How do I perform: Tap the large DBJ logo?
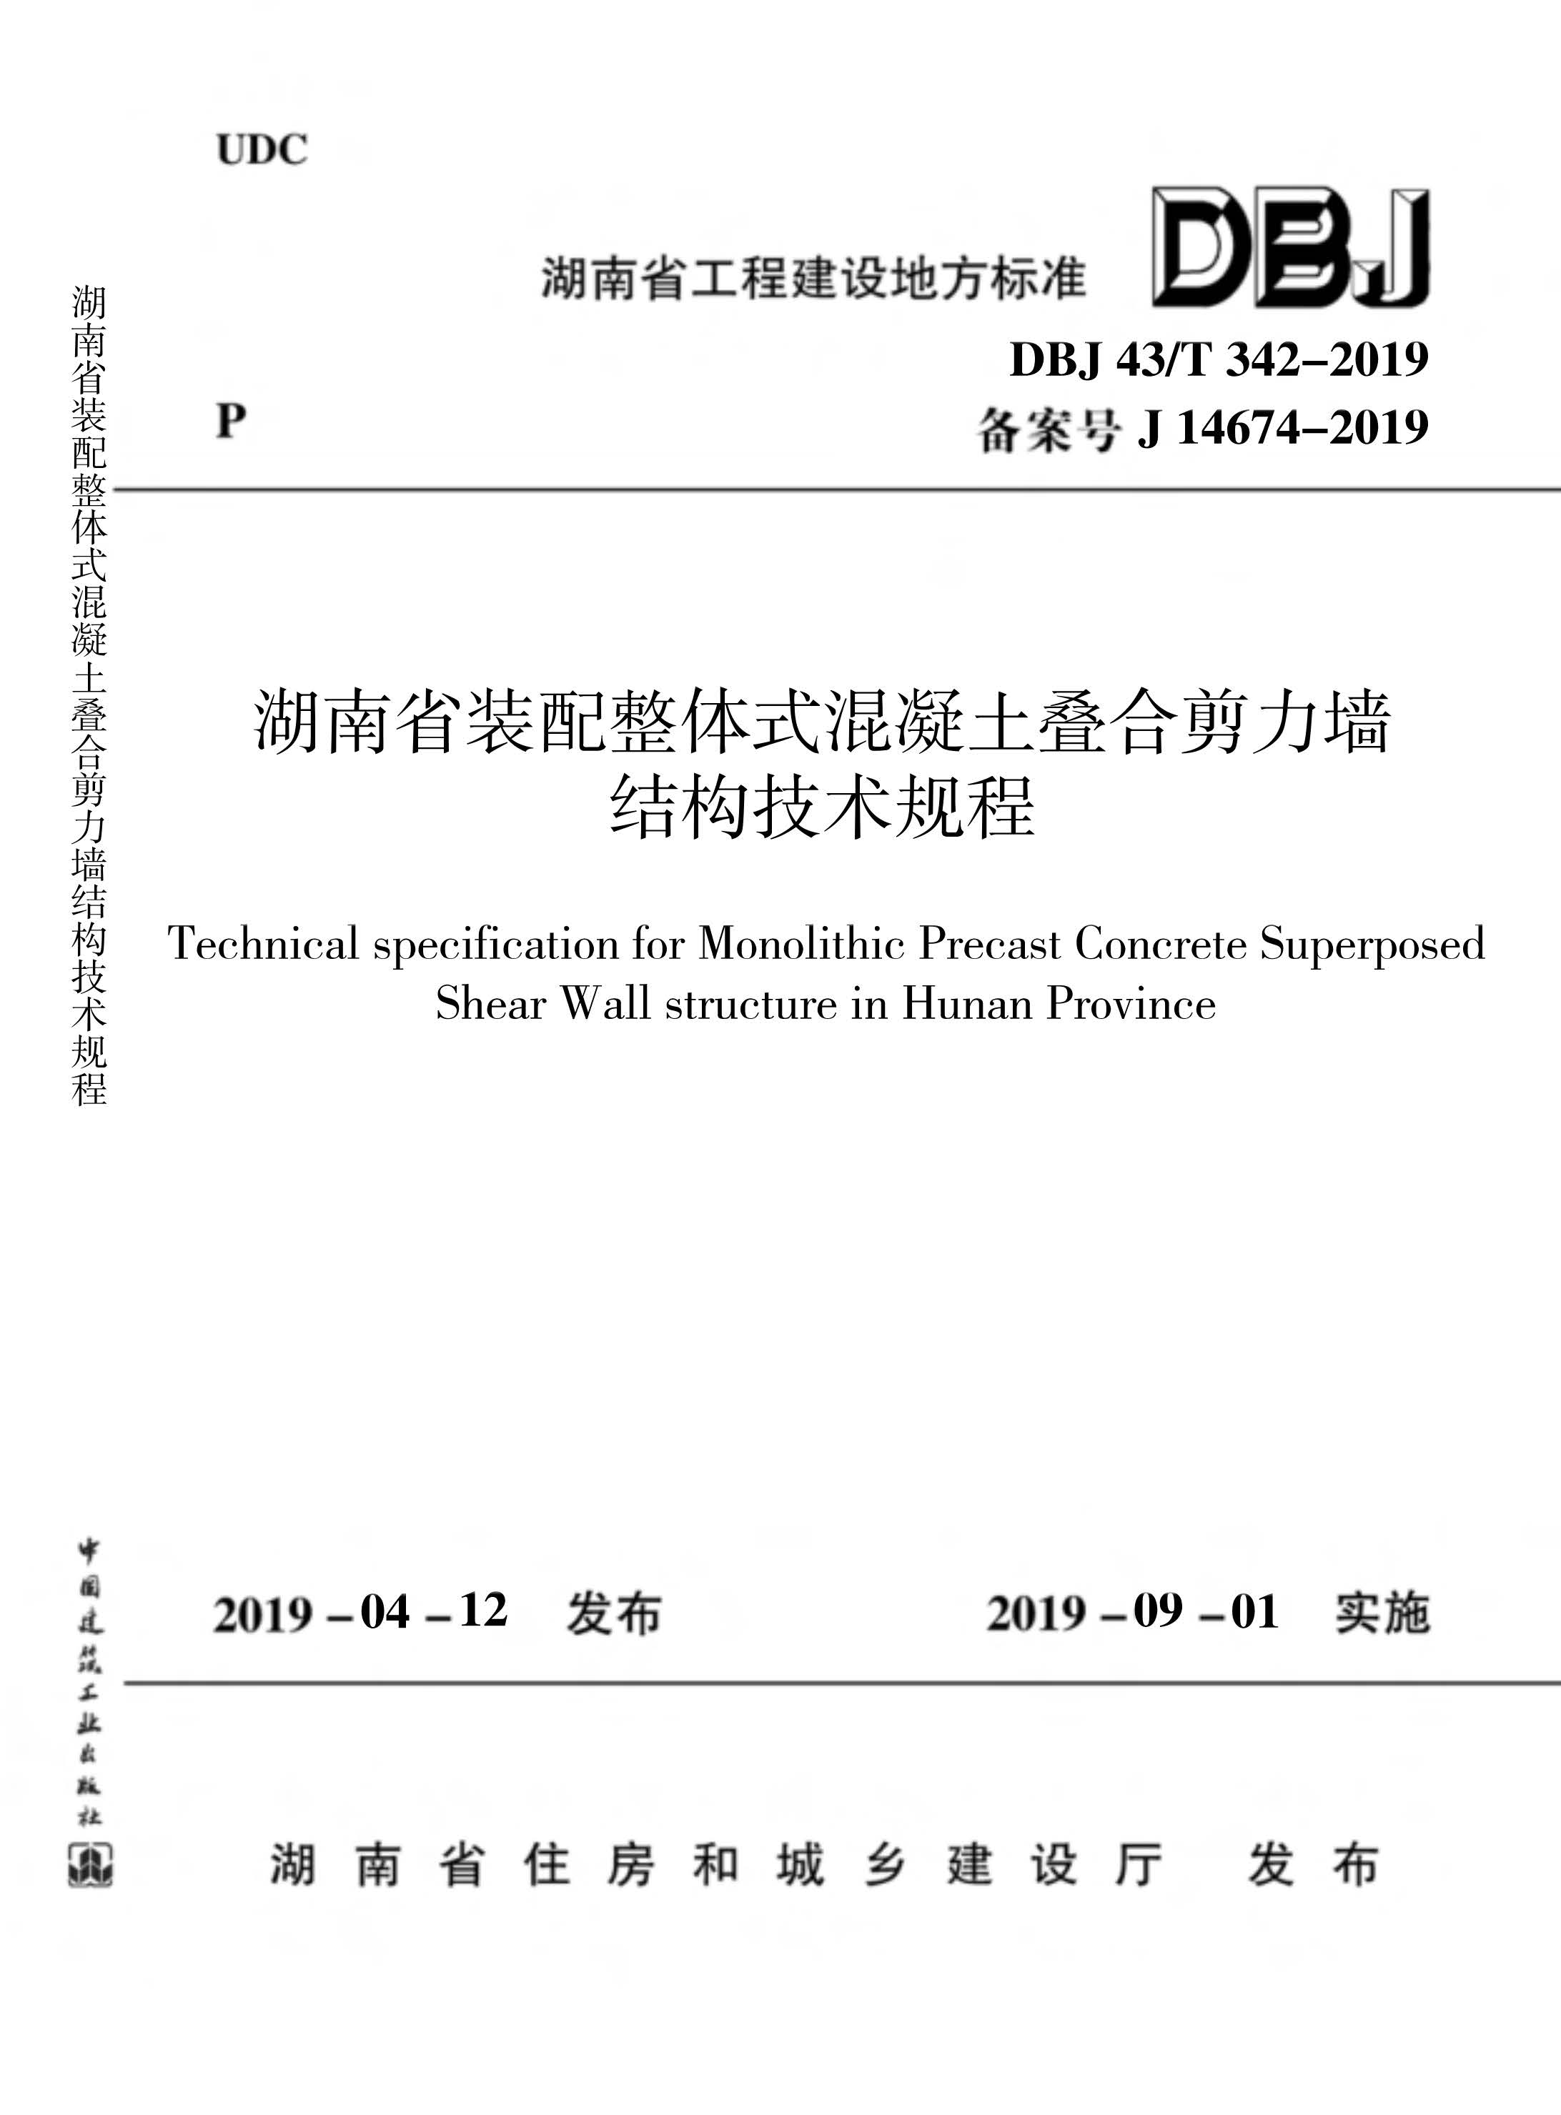(x=1290, y=247)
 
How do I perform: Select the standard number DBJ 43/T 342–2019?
(x=1219, y=360)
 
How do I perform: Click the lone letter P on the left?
(x=232, y=420)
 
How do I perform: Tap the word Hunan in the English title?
(x=966, y=1003)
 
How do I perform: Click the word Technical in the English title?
(x=264, y=942)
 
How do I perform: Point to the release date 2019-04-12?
(x=360, y=1613)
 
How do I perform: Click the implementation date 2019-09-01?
(x=1133, y=1613)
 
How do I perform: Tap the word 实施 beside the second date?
(x=1382, y=1613)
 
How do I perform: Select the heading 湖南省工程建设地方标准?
(x=813, y=279)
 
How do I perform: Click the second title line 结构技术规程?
(x=822, y=807)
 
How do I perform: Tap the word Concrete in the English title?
(x=1160, y=942)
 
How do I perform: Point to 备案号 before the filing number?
(x=1049, y=431)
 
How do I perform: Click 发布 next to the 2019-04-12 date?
(x=614, y=1613)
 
